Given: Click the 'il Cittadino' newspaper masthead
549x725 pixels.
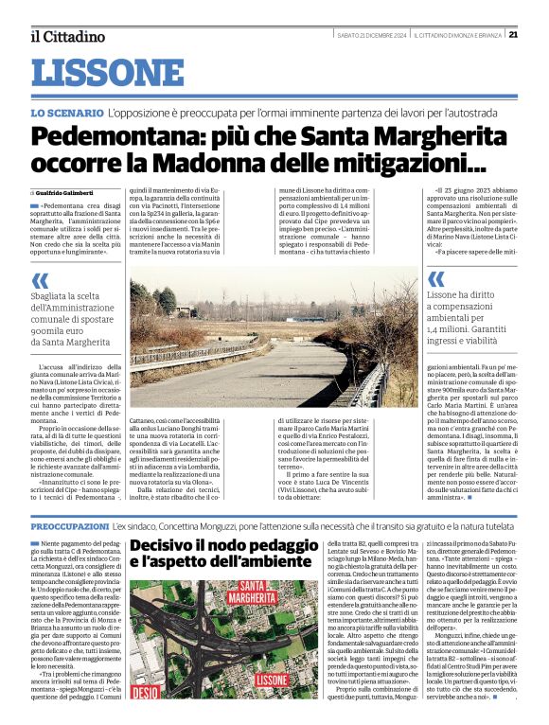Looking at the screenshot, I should click(67, 37).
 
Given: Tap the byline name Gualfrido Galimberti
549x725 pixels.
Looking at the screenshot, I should click(65, 192).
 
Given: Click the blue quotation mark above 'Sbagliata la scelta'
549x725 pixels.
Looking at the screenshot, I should click(40, 280).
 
